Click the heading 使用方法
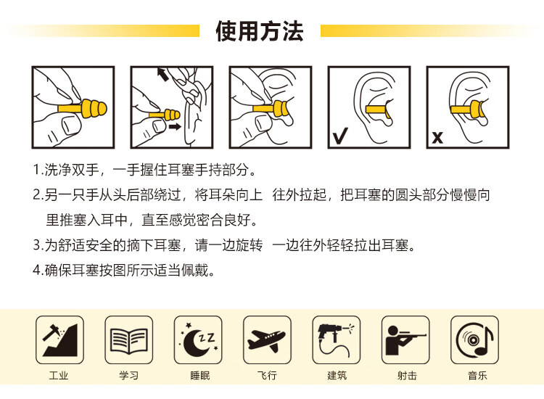click(x=260, y=31)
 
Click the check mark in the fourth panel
click(x=340, y=136)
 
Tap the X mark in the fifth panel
click(x=437, y=138)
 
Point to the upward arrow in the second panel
click(x=162, y=74)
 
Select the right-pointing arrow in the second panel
click(x=175, y=126)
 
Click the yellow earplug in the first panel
click(x=83, y=108)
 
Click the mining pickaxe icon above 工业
click(x=59, y=340)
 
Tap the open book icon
click(x=128, y=340)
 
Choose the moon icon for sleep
click(x=198, y=340)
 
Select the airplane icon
click(x=267, y=340)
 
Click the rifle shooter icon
click(x=405, y=340)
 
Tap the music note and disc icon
click(x=474, y=340)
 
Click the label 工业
click(x=59, y=375)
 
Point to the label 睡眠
click(x=200, y=375)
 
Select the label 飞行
click(x=267, y=375)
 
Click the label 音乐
click(x=477, y=375)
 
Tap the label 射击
click(x=407, y=375)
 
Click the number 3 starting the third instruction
click(x=37, y=245)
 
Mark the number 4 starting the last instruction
click(x=37, y=270)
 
